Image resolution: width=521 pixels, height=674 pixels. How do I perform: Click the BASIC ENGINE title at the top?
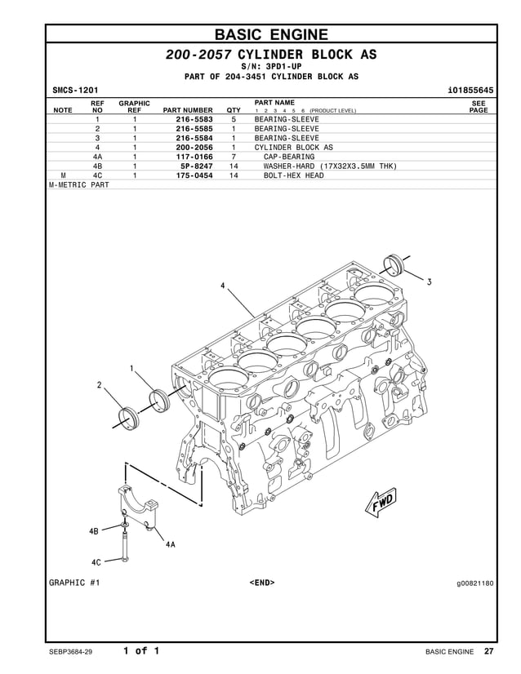[270, 34]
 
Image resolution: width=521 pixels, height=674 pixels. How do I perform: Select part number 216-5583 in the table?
[194, 119]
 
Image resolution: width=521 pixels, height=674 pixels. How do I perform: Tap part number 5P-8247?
[196, 166]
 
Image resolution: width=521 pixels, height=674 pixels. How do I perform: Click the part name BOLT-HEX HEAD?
[293, 175]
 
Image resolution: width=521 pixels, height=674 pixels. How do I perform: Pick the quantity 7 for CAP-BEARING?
[234, 157]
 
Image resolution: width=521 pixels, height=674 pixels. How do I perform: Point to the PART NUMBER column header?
[188, 110]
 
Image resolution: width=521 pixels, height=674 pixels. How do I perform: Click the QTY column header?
[234, 110]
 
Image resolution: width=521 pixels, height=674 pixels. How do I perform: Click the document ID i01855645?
[471, 89]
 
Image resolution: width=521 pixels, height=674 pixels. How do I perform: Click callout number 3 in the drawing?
[430, 282]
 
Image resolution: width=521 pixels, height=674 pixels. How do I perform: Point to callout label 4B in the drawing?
[94, 531]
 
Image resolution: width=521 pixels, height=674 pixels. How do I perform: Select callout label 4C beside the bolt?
[96, 561]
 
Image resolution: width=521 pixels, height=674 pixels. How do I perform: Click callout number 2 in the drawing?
[100, 384]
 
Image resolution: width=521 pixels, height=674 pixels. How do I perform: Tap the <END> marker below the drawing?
[261, 583]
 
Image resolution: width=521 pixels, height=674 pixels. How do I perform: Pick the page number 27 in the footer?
[488, 651]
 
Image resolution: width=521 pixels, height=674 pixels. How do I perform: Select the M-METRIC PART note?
[79, 184]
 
